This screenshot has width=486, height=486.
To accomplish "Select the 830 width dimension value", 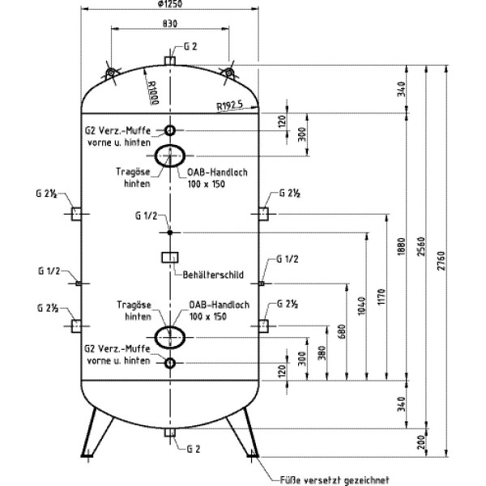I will [169, 23].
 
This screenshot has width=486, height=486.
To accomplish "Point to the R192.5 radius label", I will [231, 105].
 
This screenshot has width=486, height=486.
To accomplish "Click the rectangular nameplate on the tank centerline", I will [170, 258].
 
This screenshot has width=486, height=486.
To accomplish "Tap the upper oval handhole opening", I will [170, 156].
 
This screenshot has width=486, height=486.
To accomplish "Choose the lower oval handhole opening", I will [170, 336].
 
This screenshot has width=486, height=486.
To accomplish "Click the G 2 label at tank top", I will [190, 46].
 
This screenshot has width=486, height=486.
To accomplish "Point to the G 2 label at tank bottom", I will [192, 448].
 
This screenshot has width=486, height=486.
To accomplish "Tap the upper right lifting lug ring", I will [230, 74].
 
